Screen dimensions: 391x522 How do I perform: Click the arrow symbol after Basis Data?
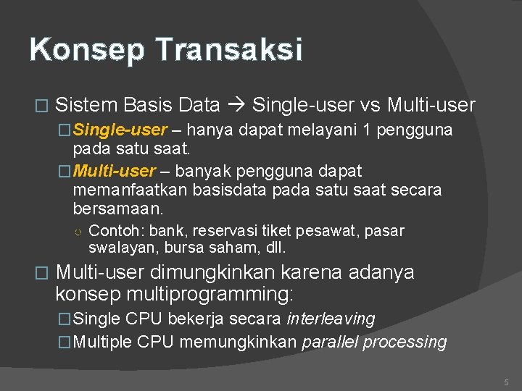tap(236, 106)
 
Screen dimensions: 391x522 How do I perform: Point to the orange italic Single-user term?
tap(120, 130)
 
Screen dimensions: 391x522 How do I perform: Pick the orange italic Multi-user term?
tap(114, 172)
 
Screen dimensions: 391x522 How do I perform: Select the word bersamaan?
tap(118, 209)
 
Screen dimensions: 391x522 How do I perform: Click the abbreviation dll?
tap(275, 248)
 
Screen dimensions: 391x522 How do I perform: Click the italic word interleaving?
tap(331, 319)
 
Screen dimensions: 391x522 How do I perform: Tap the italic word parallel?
tap(330, 342)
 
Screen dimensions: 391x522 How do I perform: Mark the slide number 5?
tap(506, 382)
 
